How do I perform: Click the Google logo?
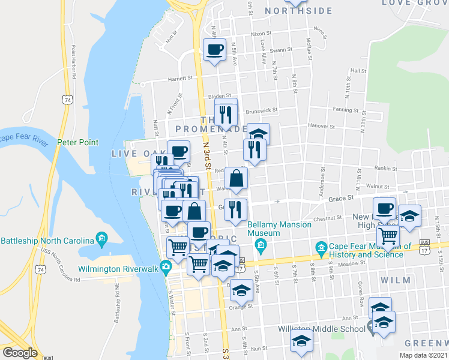click(20, 353)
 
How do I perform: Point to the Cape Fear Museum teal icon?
click(321, 247)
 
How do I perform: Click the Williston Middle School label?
click(321, 329)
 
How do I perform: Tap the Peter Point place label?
click(77, 142)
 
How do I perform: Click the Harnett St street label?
click(179, 77)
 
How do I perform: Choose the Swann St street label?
click(280, 50)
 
